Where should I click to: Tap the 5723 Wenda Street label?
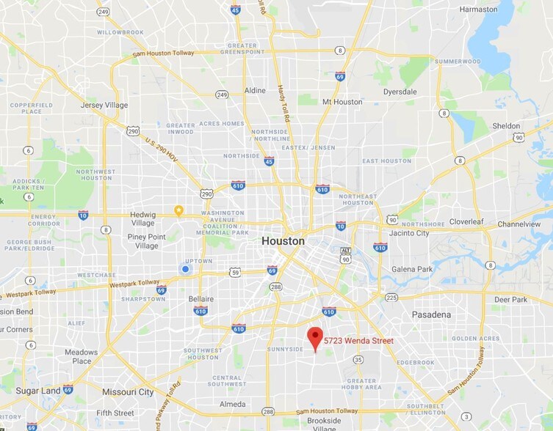359,341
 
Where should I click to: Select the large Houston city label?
283,240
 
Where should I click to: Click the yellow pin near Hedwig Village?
178,211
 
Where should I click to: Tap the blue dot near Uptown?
185,270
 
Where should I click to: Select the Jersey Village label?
104,106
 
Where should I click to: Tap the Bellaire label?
200,299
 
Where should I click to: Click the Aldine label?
255,90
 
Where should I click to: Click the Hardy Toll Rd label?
283,103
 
